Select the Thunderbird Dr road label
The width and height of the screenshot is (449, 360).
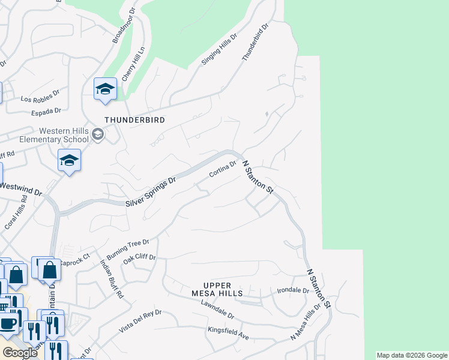pyautogui.click(x=255, y=42)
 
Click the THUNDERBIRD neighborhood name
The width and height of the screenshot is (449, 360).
pyautogui.click(x=134, y=120)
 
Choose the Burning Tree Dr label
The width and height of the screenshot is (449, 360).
pyautogui.click(x=127, y=247)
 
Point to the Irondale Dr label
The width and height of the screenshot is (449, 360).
pyautogui.click(x=293, y=290)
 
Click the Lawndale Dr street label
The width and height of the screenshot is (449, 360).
pyautogui.click(x=218, y=310)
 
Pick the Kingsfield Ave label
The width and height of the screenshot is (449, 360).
pyautogui.click(x=228, y=333)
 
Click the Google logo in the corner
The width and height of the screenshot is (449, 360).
pyautogui.click(x=20, y=353)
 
